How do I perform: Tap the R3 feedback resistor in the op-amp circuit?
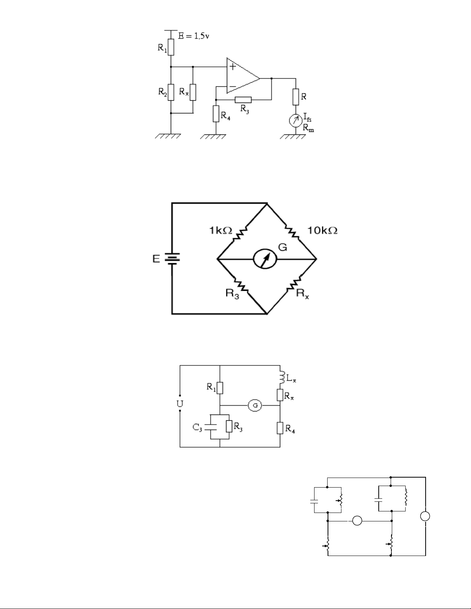pyautogui.click(x=243, y=100)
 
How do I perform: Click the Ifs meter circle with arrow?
pyautogui.click(x=295, y=121)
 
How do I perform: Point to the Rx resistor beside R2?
pyautogui.click(x=193, y=92)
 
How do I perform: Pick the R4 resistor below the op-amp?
pyautogui.click(x=216, y=114)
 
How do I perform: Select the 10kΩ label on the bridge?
pyautogui.click(x=323, y=231)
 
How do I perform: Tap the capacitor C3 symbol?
pyautogui.click(x=210, y=426)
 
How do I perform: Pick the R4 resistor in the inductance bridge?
pyautogui.click(x=280, y=428)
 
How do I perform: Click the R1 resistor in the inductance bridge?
pyautogui.click(x=220, y=388)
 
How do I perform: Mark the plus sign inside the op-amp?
pyautogui.click(x=233, y=66)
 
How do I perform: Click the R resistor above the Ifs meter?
pyautogui.click(x=295, y=97)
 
